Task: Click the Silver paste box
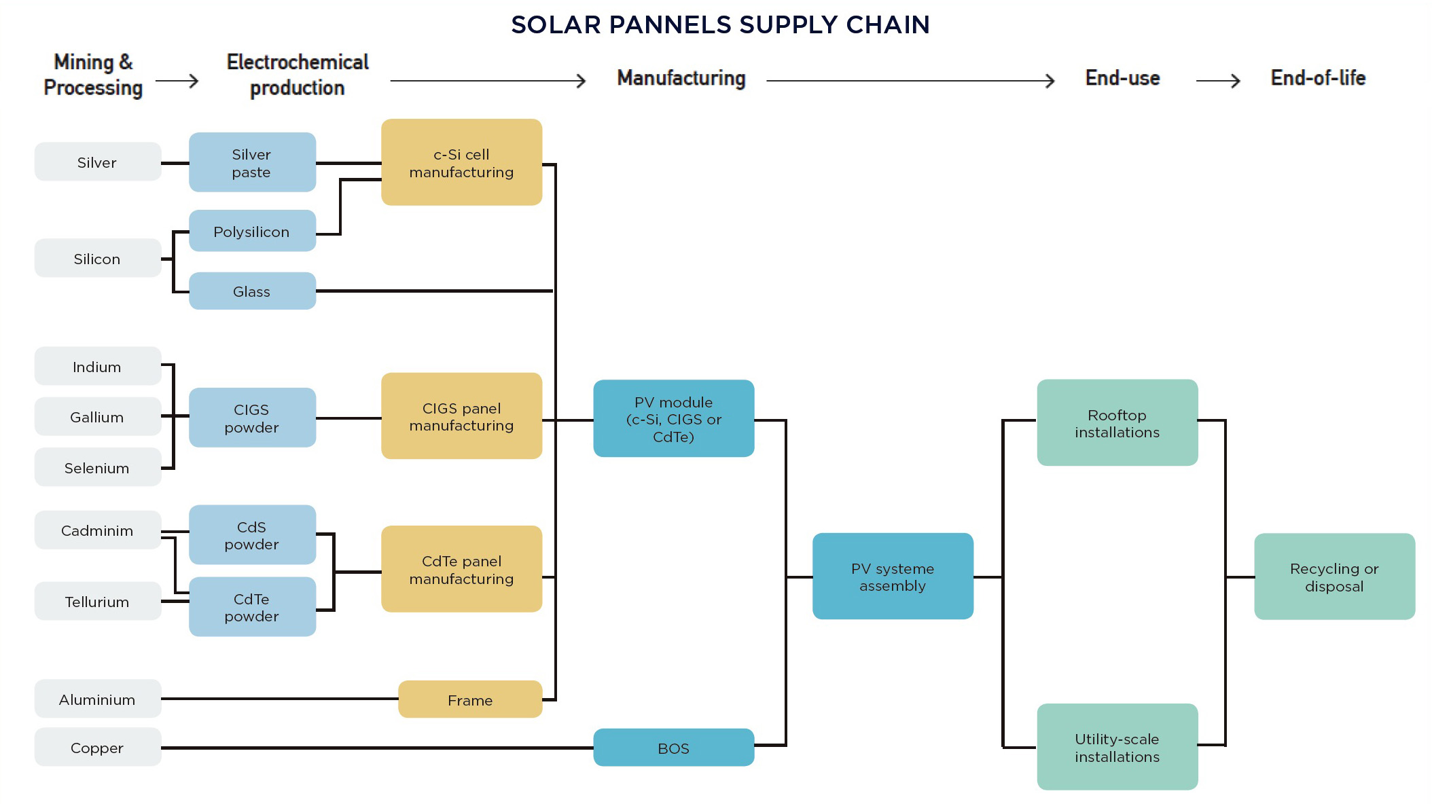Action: tap(252, 162)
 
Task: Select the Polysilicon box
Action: tap(252, 231)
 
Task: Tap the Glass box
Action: tap(252, 291)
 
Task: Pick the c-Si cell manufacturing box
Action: tap(461, 162)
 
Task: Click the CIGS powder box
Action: tap(252, 418)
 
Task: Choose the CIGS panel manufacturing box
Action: tap(461, 416)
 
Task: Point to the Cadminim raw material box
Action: tap(98, 530)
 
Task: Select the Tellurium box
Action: tap(98, 602)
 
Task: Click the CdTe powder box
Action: tap(252, 607)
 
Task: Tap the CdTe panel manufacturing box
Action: tap(461, 569)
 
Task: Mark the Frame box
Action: tap(470, 699)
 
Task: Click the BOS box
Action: tap(673, 748)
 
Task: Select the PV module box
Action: tap(673, 418)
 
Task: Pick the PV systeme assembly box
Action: tap(893, 577)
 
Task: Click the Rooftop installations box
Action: tap(1117, 422)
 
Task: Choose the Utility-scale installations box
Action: tap(1117, 747)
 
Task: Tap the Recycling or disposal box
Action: tap(1334, 577)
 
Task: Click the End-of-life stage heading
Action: tap(1318, 78)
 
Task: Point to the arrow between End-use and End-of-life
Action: tap(1218, 81)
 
